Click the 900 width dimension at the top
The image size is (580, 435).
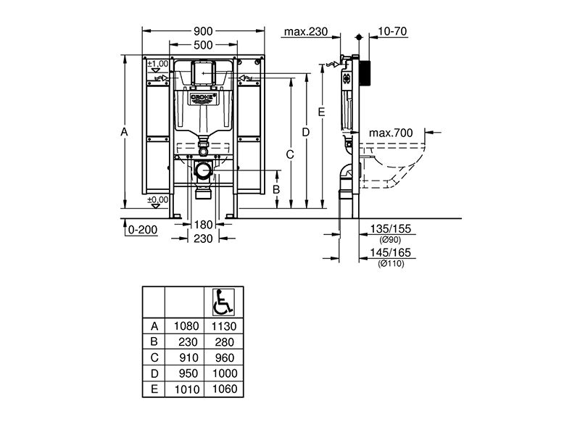click(203, 31)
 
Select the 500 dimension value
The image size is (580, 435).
click(203, 45)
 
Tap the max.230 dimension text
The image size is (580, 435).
click(306, 32)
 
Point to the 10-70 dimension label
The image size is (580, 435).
click(392, 31)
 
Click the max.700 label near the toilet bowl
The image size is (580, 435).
click(391, 133)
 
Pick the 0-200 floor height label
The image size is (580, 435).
click(142, 230)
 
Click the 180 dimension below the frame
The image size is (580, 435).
click(203, 225)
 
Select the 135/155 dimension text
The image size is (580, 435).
click(391, 228)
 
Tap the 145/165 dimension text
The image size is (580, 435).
click(391, 252)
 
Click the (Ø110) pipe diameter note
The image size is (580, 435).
click(391, 264)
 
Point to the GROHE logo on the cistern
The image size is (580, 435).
click(203, 97)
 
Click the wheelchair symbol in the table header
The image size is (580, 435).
click(223, 302)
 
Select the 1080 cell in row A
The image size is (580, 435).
click(186, 326)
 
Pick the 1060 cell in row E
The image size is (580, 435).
click(224, 389)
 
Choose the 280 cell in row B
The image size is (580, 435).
click(224, 342)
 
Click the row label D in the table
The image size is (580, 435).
click(154, 373)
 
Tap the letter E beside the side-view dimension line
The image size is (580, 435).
click(321, 112)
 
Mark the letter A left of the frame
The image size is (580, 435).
click(124, 131)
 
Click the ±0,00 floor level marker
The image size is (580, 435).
click(158, 202)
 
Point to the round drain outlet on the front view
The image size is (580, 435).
click(203, 170)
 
